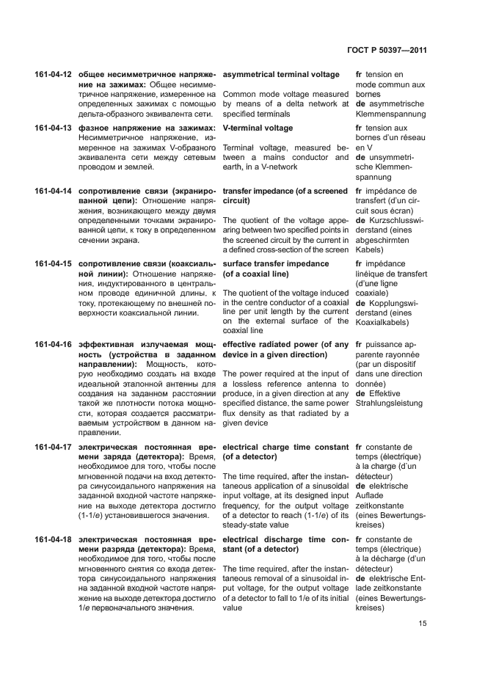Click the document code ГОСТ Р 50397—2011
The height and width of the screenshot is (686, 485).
(387, 51)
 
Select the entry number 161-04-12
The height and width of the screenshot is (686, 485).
(53, 75)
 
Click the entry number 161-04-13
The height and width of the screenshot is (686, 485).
(53, 128)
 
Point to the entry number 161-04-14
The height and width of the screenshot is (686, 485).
(53, 191)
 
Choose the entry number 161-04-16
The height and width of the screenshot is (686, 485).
(53, 345)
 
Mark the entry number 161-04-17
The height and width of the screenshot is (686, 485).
(53, 447)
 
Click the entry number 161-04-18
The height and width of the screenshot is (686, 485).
(53, 539)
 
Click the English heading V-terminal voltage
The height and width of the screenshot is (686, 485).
(258, 128)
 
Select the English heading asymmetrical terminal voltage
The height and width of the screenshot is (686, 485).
(281, 75)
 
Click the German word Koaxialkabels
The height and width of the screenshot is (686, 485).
(386, 324)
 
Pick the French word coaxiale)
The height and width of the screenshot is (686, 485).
(372, 293)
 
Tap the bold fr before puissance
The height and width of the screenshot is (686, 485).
(360, 345)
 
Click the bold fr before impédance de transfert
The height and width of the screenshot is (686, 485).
(360, 191)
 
